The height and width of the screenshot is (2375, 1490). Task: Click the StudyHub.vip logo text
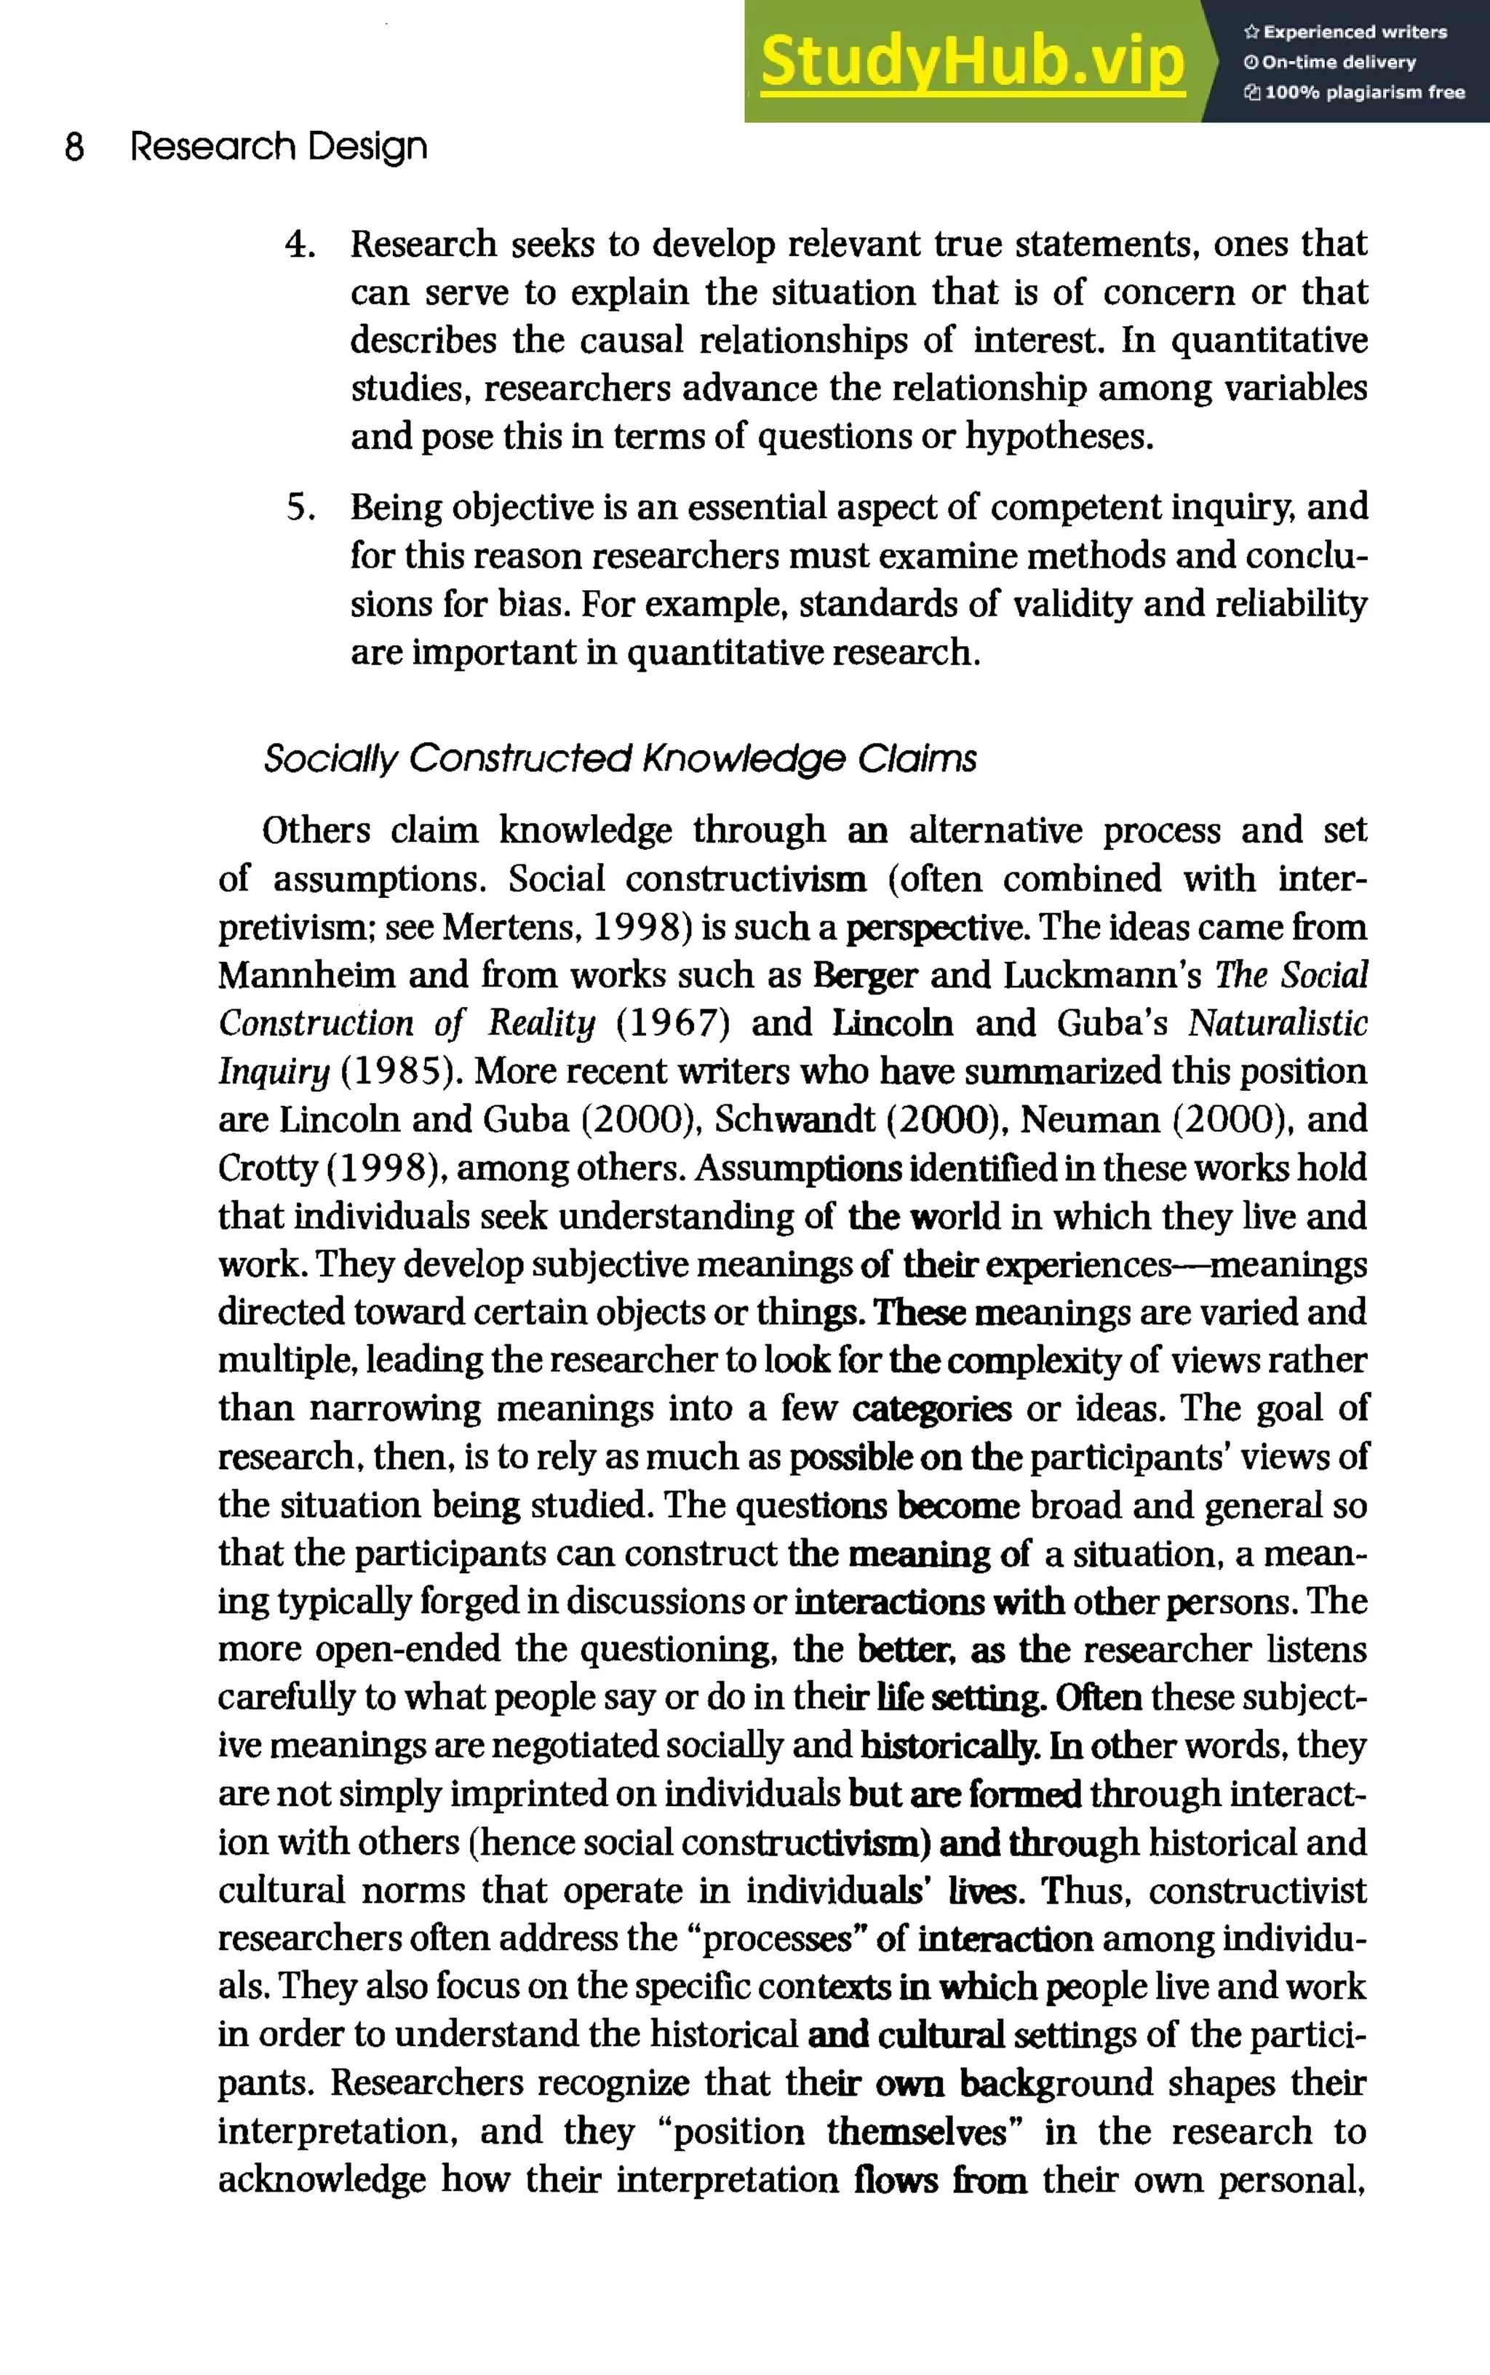[x=972, y=62]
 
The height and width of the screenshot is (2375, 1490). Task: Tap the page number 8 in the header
[x=75, y=148]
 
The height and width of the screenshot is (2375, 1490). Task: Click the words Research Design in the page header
[x=279, y=147]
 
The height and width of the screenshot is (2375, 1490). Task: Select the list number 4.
[x=300, y=244]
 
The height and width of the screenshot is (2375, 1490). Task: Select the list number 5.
[x=300, y=507]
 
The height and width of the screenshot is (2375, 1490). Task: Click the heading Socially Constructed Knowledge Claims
[x=620, y=759]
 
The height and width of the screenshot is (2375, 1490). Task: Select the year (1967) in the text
[x=673, y=1024]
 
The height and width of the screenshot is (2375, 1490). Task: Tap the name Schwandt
[x=794, y=1120]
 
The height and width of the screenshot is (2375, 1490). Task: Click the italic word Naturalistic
[x=1277, y=1024]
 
